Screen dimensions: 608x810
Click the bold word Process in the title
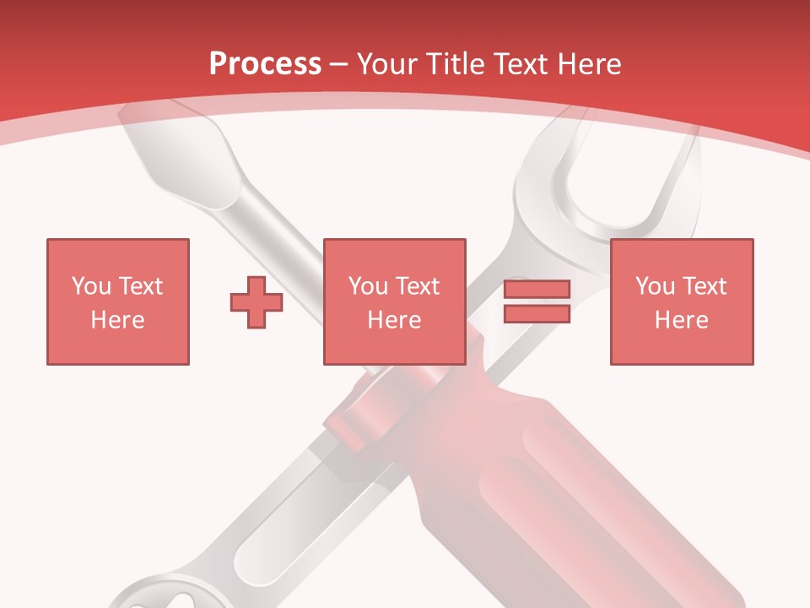(265, 64)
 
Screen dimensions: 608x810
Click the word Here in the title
(590, 64)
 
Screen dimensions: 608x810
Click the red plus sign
(256, 302)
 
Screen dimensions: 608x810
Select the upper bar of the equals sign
(537, 290)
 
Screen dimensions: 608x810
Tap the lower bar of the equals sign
(537, 314)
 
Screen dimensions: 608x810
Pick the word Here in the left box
(117, 320)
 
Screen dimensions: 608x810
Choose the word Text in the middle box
(417, 286)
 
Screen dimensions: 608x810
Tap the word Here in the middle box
(394, 320)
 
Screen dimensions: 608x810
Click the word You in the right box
(655, 286)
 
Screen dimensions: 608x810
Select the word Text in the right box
(704, 286)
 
